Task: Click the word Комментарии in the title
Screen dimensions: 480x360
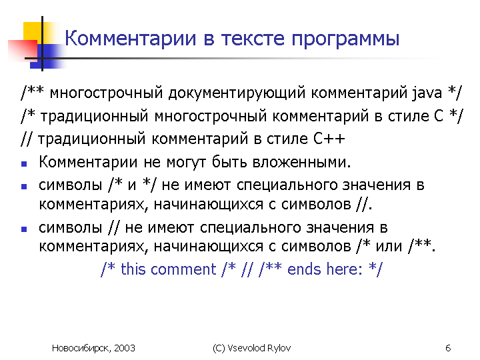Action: (131, 38)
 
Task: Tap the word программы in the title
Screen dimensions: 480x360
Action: (345, 40)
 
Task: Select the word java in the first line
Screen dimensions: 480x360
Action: (427, 93)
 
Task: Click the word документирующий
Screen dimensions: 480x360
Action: (237, 93)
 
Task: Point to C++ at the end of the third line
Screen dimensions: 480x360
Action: (329, 139)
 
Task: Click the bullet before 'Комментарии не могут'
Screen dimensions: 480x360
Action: (24, 164)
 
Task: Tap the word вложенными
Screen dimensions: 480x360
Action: (301, 162)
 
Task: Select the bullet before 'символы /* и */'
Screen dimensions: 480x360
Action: (24, 187)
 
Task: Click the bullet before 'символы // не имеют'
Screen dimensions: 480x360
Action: (24, 229)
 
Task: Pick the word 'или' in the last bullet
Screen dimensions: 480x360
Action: (389, 247)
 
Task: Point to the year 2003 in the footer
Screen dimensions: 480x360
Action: (125, 349)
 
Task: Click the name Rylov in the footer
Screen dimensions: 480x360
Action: (279, 349)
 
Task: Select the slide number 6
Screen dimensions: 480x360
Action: (448, 349)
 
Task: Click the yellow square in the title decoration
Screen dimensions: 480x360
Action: (33, 32)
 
